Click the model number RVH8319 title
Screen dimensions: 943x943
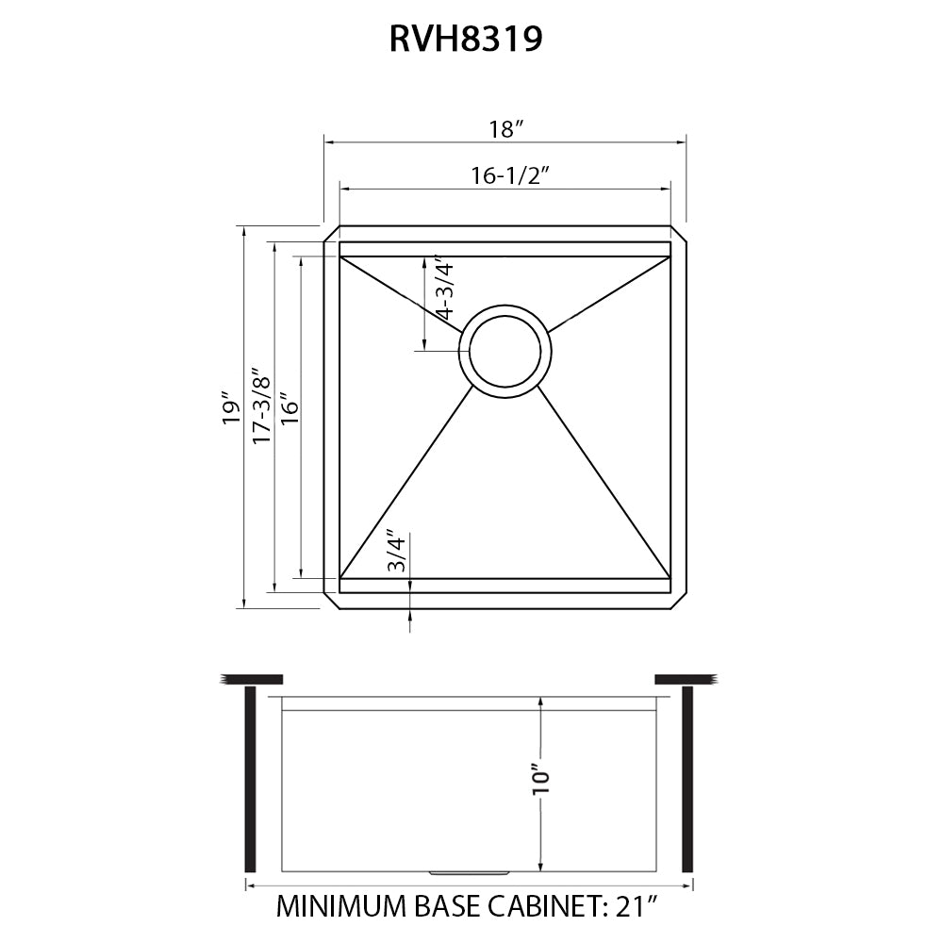point(466,40)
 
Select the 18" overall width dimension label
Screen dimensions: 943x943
point(506,130)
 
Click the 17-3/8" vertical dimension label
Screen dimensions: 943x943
point(261,405)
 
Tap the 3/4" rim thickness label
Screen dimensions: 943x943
point(397,554)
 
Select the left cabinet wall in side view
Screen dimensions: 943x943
point(250,779)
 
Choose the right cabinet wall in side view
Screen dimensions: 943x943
point(687,779)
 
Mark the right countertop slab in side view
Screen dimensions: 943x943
point(686,679)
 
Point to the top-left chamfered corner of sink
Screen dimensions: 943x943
point(331,234)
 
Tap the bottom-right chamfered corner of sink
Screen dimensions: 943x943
point(678,601)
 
